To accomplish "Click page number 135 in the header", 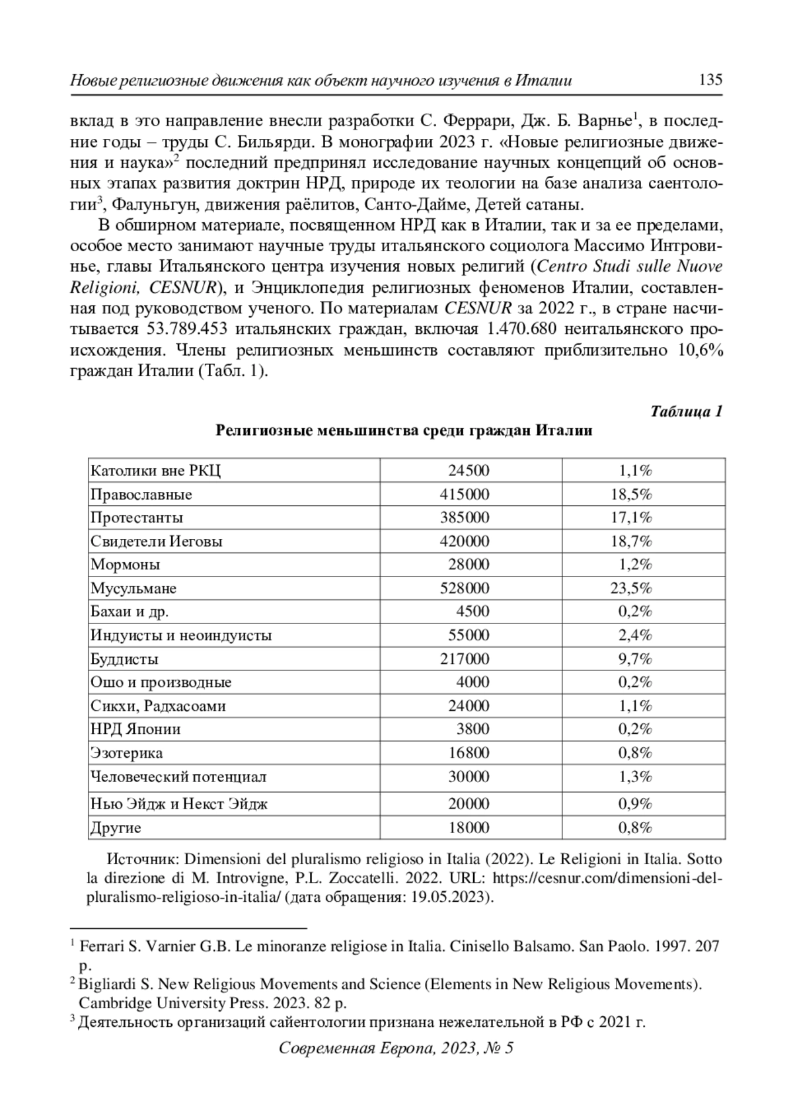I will point(710,80).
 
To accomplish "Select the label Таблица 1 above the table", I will point(687,411).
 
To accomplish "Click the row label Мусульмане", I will point(133,588).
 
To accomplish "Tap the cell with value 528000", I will point(465,588).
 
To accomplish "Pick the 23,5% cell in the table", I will point(631,588).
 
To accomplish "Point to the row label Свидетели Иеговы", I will point(157,541).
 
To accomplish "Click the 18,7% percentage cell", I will point(631,541).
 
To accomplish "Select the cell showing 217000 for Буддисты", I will point(465,659).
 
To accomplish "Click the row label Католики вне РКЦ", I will point(155,471).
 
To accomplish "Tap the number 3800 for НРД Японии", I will point(472,729).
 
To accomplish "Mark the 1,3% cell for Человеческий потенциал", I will point(635,777).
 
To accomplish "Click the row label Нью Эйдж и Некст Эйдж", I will point(179,804).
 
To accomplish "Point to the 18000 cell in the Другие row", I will point(469,828).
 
